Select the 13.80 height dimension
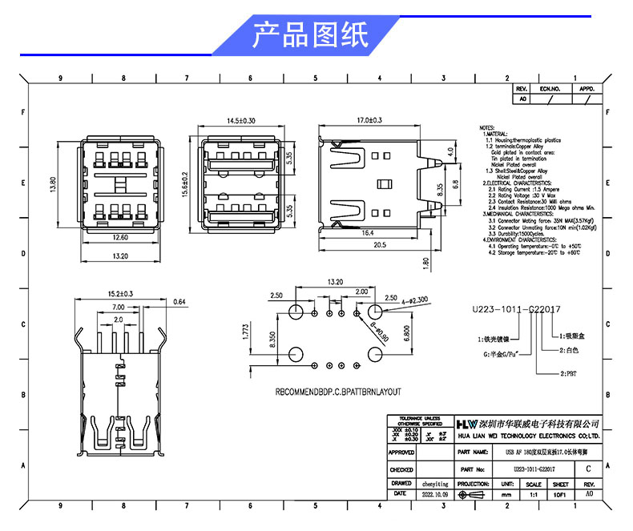tap(53, 184)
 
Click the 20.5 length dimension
tap(379, 246)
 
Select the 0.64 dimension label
tap(179, 301)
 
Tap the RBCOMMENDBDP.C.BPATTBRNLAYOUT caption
tap(337, 392)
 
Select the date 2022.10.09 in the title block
tap(434, 495)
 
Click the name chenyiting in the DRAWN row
tap(434, 484)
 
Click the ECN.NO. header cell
tap(550, 89)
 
